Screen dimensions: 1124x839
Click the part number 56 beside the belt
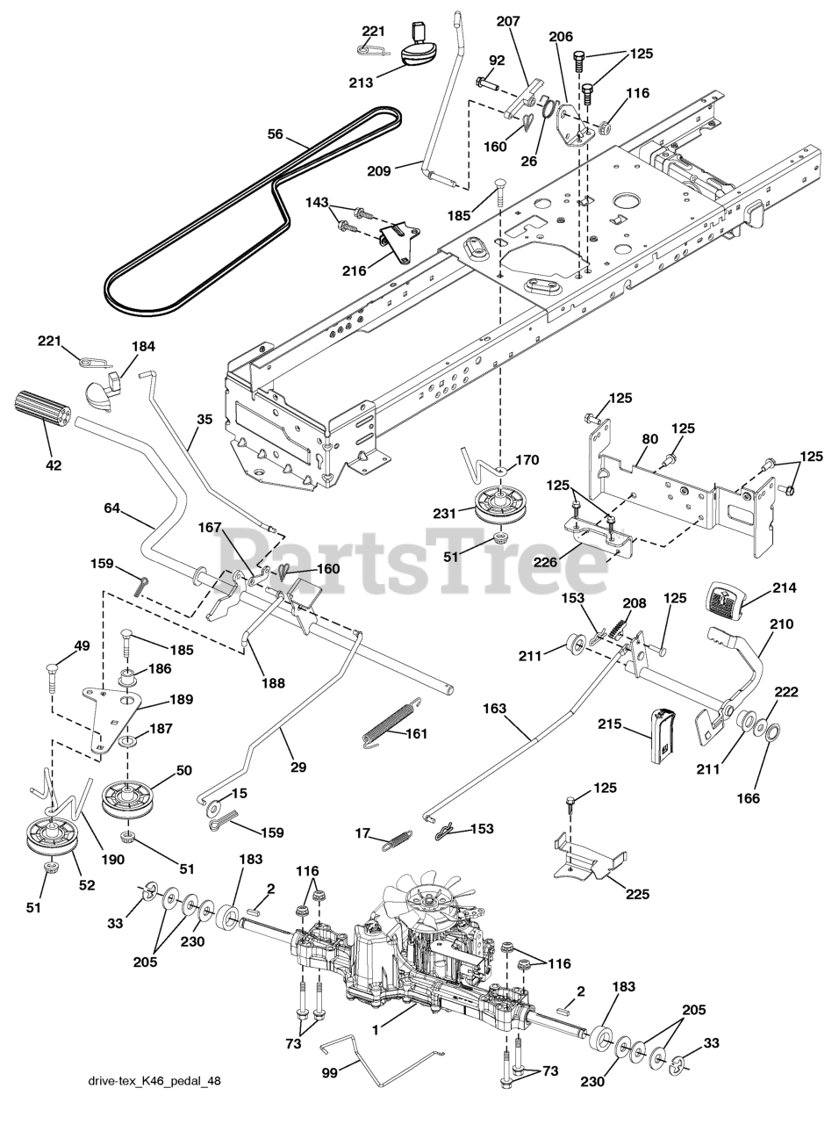[x=275, y=134]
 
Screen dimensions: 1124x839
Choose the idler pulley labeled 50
[x=128, y=796]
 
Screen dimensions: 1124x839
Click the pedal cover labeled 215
[x=659, y=735]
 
